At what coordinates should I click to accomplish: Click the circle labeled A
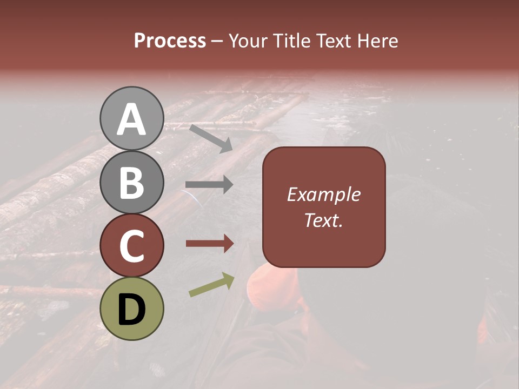(131, 118)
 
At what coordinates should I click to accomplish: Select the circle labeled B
(131, 182)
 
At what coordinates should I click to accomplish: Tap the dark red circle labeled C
(131, 246)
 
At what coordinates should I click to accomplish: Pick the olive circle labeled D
(131, 309)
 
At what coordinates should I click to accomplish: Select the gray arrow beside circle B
(209, 185)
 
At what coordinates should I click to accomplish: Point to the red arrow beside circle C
(209, 244)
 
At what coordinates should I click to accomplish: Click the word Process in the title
(170, 41)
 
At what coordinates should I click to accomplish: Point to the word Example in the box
(323, 194)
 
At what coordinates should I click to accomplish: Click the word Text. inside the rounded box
(323, 220)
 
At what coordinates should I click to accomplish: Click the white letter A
(131, 119)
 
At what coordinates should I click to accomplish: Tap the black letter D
(131, 310)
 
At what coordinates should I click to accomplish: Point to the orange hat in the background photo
(273, 289)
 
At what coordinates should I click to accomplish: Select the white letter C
(131, 246)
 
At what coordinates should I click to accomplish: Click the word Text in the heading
(332, 41)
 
